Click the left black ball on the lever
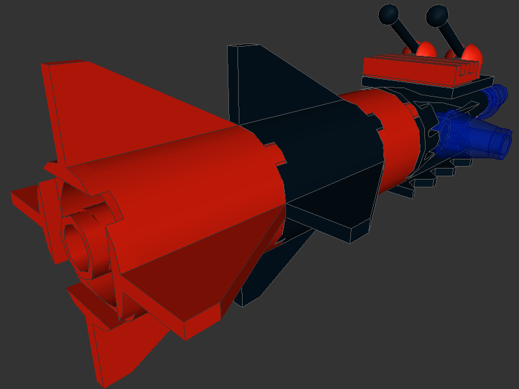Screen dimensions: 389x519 point(389,13)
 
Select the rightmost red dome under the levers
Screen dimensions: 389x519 point(471,53)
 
